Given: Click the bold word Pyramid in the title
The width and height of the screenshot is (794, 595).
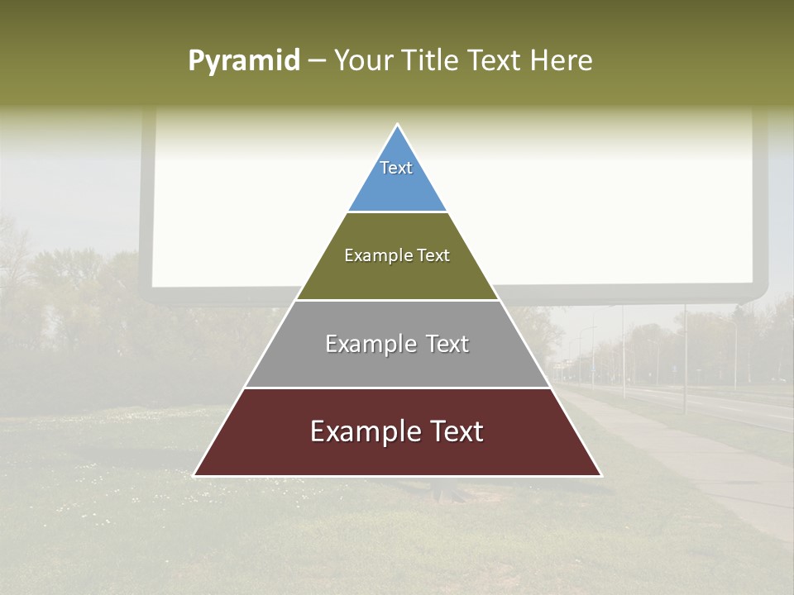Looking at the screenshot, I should (x=244, y=60).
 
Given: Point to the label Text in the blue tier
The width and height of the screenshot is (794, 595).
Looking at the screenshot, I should (x=396, y=168).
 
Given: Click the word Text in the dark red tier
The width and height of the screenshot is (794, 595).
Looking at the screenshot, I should (x=456, y=431).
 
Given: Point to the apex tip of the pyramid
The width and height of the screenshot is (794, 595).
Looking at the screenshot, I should (x=398, y=125).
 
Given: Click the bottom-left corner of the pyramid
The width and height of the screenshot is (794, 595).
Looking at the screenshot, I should (x=194, y=475).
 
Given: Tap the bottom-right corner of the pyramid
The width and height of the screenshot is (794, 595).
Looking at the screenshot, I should (x=600, y=475).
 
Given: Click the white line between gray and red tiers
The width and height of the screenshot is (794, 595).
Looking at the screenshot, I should (x=397, y=388).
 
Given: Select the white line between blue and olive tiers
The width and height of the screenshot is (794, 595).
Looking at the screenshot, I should (x=397, y=212).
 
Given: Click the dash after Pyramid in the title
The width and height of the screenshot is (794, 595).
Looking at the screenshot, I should (x=316, y=61).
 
